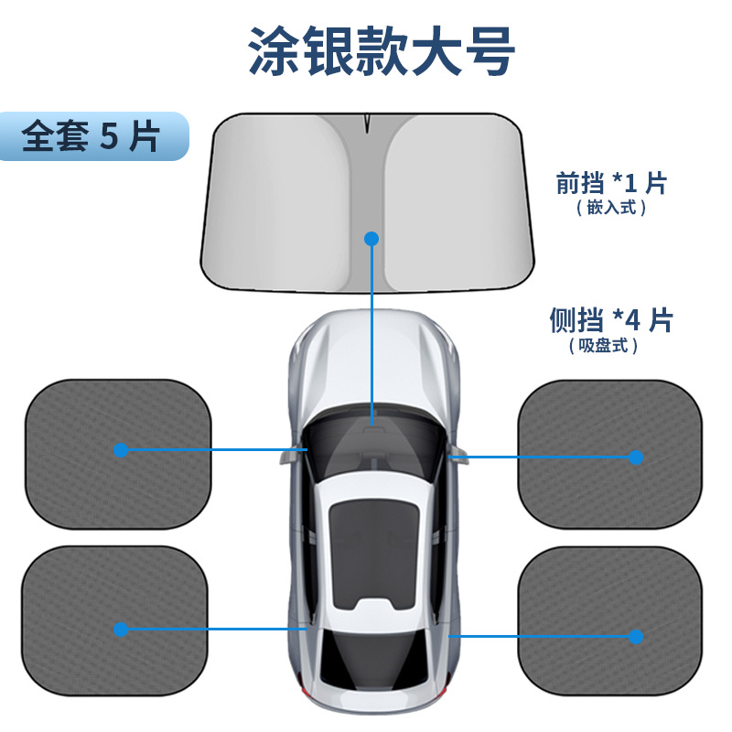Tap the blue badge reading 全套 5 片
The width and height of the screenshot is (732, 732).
click(91, 136)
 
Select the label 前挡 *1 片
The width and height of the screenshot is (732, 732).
click(612, 183)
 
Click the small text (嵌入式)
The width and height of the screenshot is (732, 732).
click(612, 208)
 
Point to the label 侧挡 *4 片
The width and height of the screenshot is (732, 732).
click(611, 320)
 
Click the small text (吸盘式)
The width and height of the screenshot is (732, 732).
click(604, 346)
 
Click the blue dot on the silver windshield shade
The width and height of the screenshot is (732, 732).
click(371, 239)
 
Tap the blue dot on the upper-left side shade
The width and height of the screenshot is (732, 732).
click(120, 449)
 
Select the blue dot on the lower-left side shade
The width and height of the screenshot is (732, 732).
click(120, 629)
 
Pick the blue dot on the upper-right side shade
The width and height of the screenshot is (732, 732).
click(636, 457)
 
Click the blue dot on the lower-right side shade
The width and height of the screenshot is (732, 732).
click(636, 636)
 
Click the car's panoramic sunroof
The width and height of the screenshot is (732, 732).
click(374, 549)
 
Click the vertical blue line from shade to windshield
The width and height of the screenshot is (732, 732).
click(371, 329)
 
